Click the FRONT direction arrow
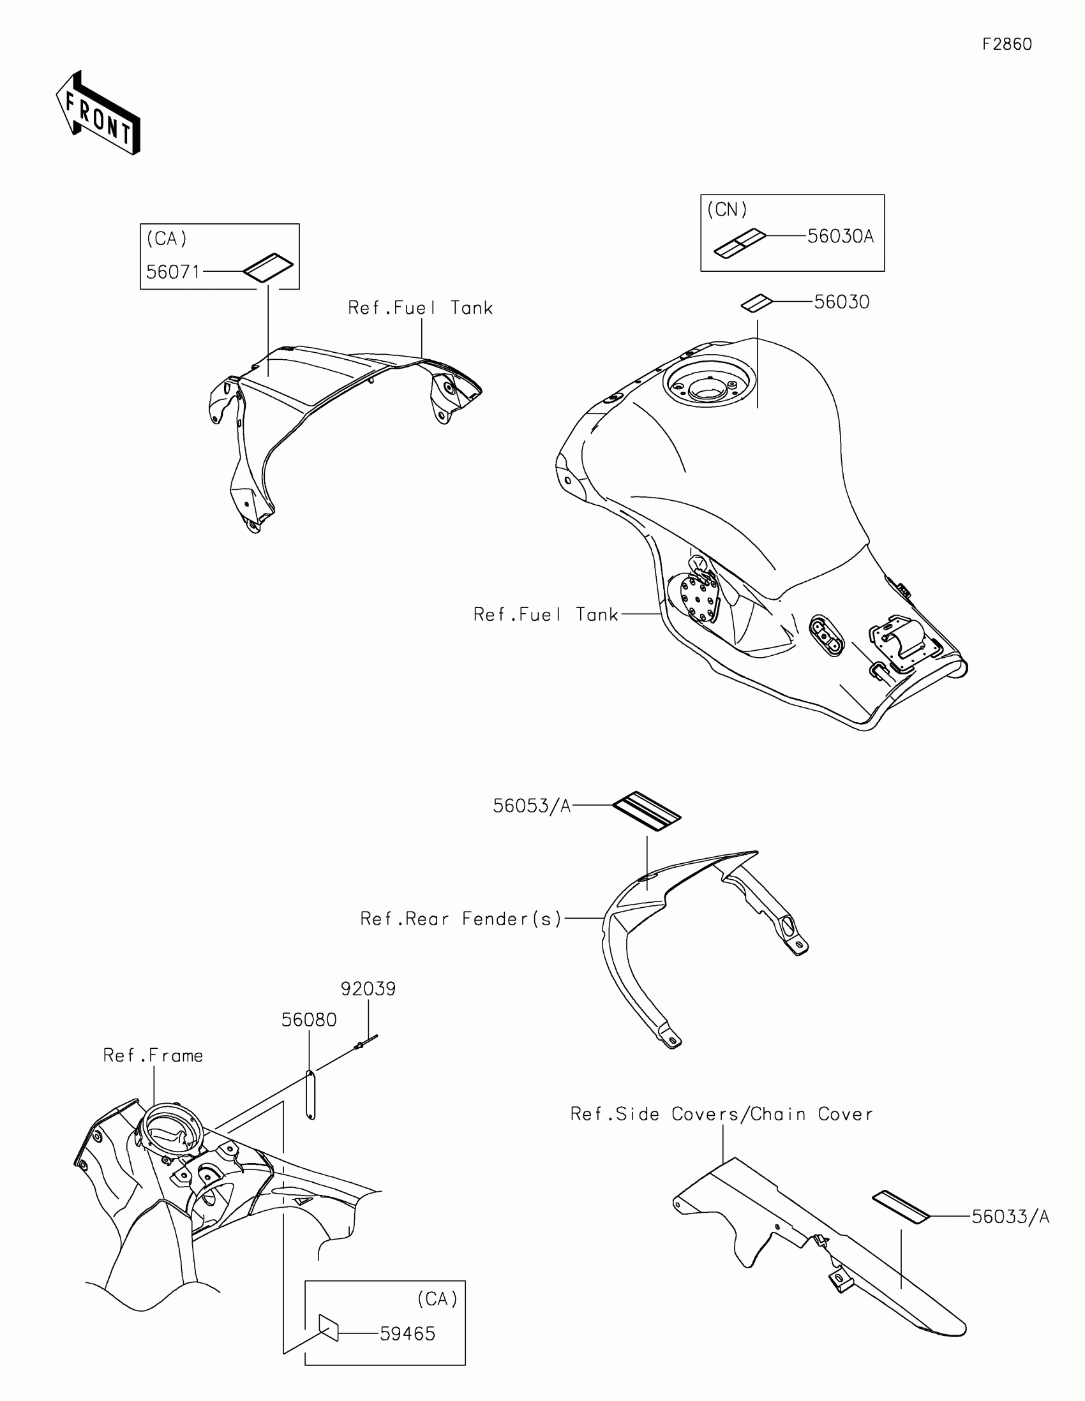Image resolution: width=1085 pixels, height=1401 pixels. tap(98, 114)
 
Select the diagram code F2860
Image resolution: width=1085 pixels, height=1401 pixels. tap(1006, 44)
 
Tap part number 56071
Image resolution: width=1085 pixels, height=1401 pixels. tap(173, 272)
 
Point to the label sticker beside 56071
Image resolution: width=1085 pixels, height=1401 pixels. tap(267, 267)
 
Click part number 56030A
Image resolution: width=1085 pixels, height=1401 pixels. tap(840, 237)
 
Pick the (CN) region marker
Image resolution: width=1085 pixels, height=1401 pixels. tap(727, 210)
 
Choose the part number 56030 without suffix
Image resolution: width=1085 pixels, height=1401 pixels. tap(841, 302)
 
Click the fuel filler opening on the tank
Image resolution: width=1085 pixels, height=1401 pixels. tap(704, 387)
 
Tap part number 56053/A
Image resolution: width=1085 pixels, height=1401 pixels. tap(531, 806)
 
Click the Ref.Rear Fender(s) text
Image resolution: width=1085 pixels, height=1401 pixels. tap(461, 919)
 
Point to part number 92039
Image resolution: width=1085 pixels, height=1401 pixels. tap(368, 988)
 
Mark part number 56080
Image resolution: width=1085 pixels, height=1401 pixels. tap(309, 1020)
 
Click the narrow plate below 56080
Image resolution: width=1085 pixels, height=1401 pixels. tap(311, 1095)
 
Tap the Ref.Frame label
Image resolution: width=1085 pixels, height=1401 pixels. tap(153, 1056)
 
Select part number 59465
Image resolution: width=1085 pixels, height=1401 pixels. tap(407, 1333)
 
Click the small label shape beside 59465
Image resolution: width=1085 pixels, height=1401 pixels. tap(329, 1327)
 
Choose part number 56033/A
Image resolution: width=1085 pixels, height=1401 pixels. tap(1010, 1217)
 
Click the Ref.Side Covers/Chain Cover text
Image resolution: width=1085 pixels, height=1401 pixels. tap(721, 1115)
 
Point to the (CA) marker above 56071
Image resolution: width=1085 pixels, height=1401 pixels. tap(167, 239)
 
